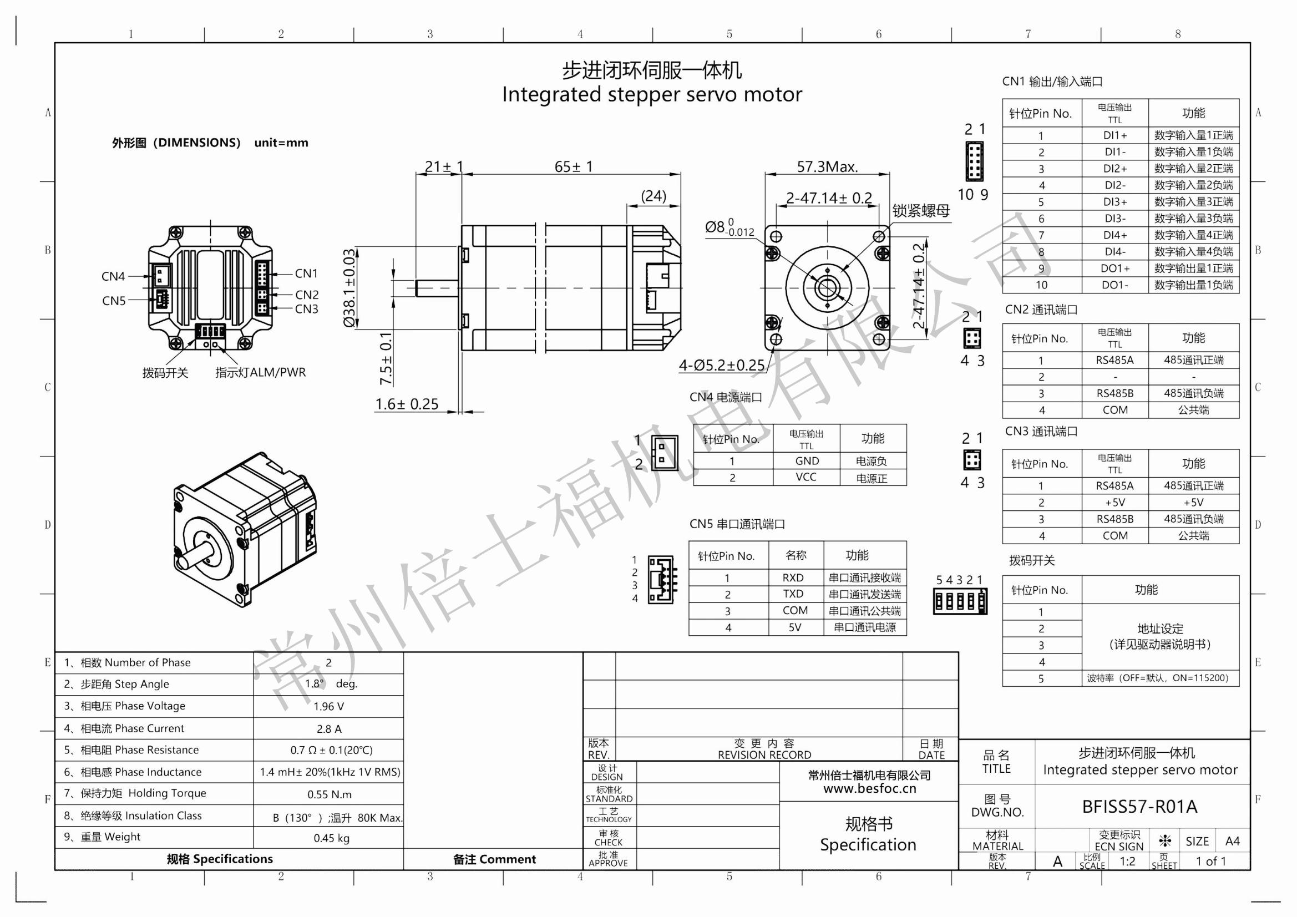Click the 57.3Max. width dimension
(x=827, y=166)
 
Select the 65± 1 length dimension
(x=574, y=166)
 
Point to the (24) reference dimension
(x=653, y=196)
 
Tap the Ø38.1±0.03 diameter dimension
(x=349, y=287)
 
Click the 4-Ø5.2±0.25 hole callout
(x=721, y=366)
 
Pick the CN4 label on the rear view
(x=113, y=276)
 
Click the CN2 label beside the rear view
(x=307, y=295)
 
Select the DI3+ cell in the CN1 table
(x=1114, y=202)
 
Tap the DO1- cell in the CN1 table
(x=1114, y=285)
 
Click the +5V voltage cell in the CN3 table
(x=1114, y=502)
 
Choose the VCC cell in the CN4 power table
(x=806, y=478)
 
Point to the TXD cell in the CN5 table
(x=793, y=594)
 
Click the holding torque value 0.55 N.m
(x=330, y=794)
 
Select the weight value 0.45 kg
(x=332, y=838)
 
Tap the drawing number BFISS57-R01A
(x=1139, y=807)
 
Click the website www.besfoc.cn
(x=869, y=789)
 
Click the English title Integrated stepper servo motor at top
(x=652, y=94)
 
